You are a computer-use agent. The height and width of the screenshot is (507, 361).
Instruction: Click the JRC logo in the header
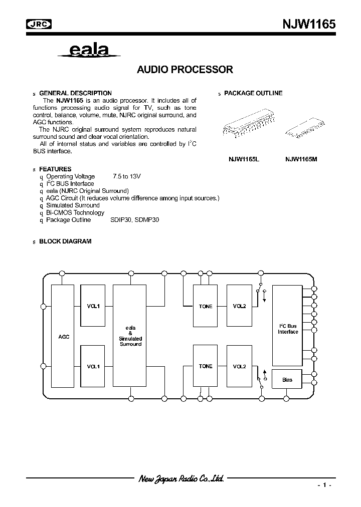click(x=39, y=24)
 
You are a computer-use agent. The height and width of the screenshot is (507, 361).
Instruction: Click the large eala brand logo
click(x=88, y=50)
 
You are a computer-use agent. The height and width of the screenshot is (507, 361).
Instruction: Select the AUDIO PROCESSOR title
click(x=185, y=70)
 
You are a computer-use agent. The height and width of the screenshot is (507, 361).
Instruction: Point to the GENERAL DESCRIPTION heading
click(x=75, y=93)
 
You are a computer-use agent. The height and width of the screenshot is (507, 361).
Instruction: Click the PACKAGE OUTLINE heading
click(x=253, y=93)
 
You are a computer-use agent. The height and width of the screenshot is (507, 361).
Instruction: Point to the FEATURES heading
click(x=55, y=169)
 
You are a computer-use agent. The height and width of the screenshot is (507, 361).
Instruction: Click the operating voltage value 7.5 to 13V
click(x=127, y=176)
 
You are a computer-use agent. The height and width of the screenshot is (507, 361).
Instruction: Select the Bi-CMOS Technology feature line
click(x=75, y=212)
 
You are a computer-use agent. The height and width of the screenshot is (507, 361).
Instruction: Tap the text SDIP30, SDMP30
click(x=134, y=220)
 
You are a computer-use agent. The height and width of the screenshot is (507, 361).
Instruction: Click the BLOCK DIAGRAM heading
click(x=65, y=241)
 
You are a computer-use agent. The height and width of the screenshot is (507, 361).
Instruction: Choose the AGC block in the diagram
click(x=63, y=337)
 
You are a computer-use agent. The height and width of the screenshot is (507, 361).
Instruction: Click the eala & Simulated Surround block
click(x=130, y=336)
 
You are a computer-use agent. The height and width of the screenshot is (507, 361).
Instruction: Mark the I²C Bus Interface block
click(x=288, y=329)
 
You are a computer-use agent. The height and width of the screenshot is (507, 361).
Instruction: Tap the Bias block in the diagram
click(x=287, y=380)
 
